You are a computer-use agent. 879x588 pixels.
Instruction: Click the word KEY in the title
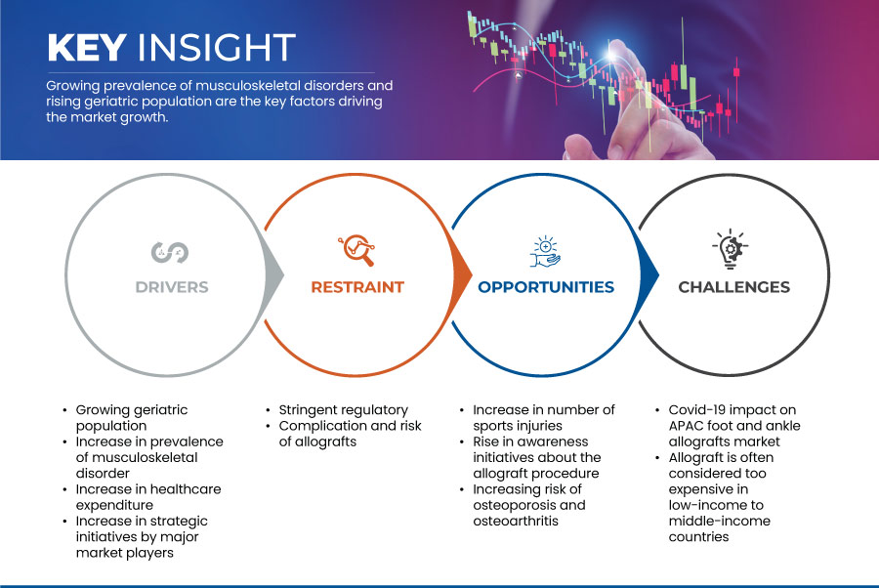(87, 47)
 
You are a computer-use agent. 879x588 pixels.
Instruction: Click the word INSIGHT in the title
(217, 47)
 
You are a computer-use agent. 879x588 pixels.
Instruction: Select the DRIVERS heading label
(172, 287)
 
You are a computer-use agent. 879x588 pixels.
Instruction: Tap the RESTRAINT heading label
(357, 287)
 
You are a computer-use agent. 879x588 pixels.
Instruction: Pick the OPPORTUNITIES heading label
(546, 287)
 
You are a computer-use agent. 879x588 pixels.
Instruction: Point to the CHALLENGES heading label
(733, 287)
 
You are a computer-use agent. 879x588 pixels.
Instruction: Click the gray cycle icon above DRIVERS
(170, 252)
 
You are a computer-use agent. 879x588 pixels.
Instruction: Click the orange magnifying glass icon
(356, 250)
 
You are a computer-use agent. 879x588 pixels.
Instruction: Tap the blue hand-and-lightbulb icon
(545, 251)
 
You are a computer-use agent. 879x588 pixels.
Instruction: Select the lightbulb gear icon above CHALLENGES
(731, 248)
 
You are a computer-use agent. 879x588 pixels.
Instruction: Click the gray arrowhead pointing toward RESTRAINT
(274, 274)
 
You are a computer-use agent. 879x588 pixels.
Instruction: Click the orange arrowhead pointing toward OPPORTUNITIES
(463, 274)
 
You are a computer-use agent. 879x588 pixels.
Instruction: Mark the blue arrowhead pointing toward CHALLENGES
(649, 274)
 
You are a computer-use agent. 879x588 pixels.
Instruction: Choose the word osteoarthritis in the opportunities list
(516, 521)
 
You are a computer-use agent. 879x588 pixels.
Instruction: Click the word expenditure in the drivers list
(114, 506)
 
